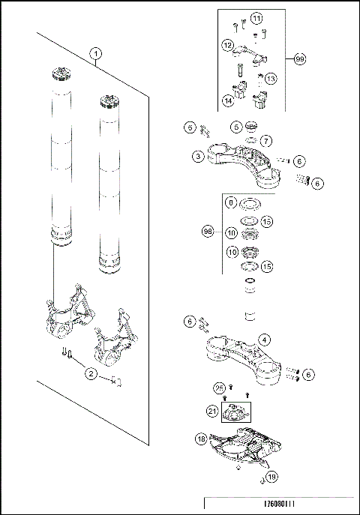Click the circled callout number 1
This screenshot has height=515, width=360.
click(x=95, y=53)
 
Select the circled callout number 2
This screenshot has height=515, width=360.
click(x=91, y=373)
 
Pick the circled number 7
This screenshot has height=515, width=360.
click(x=267, y=141)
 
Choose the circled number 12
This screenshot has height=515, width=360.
click(x=227, y=46)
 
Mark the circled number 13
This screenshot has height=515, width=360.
click(x=271, y=78)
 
